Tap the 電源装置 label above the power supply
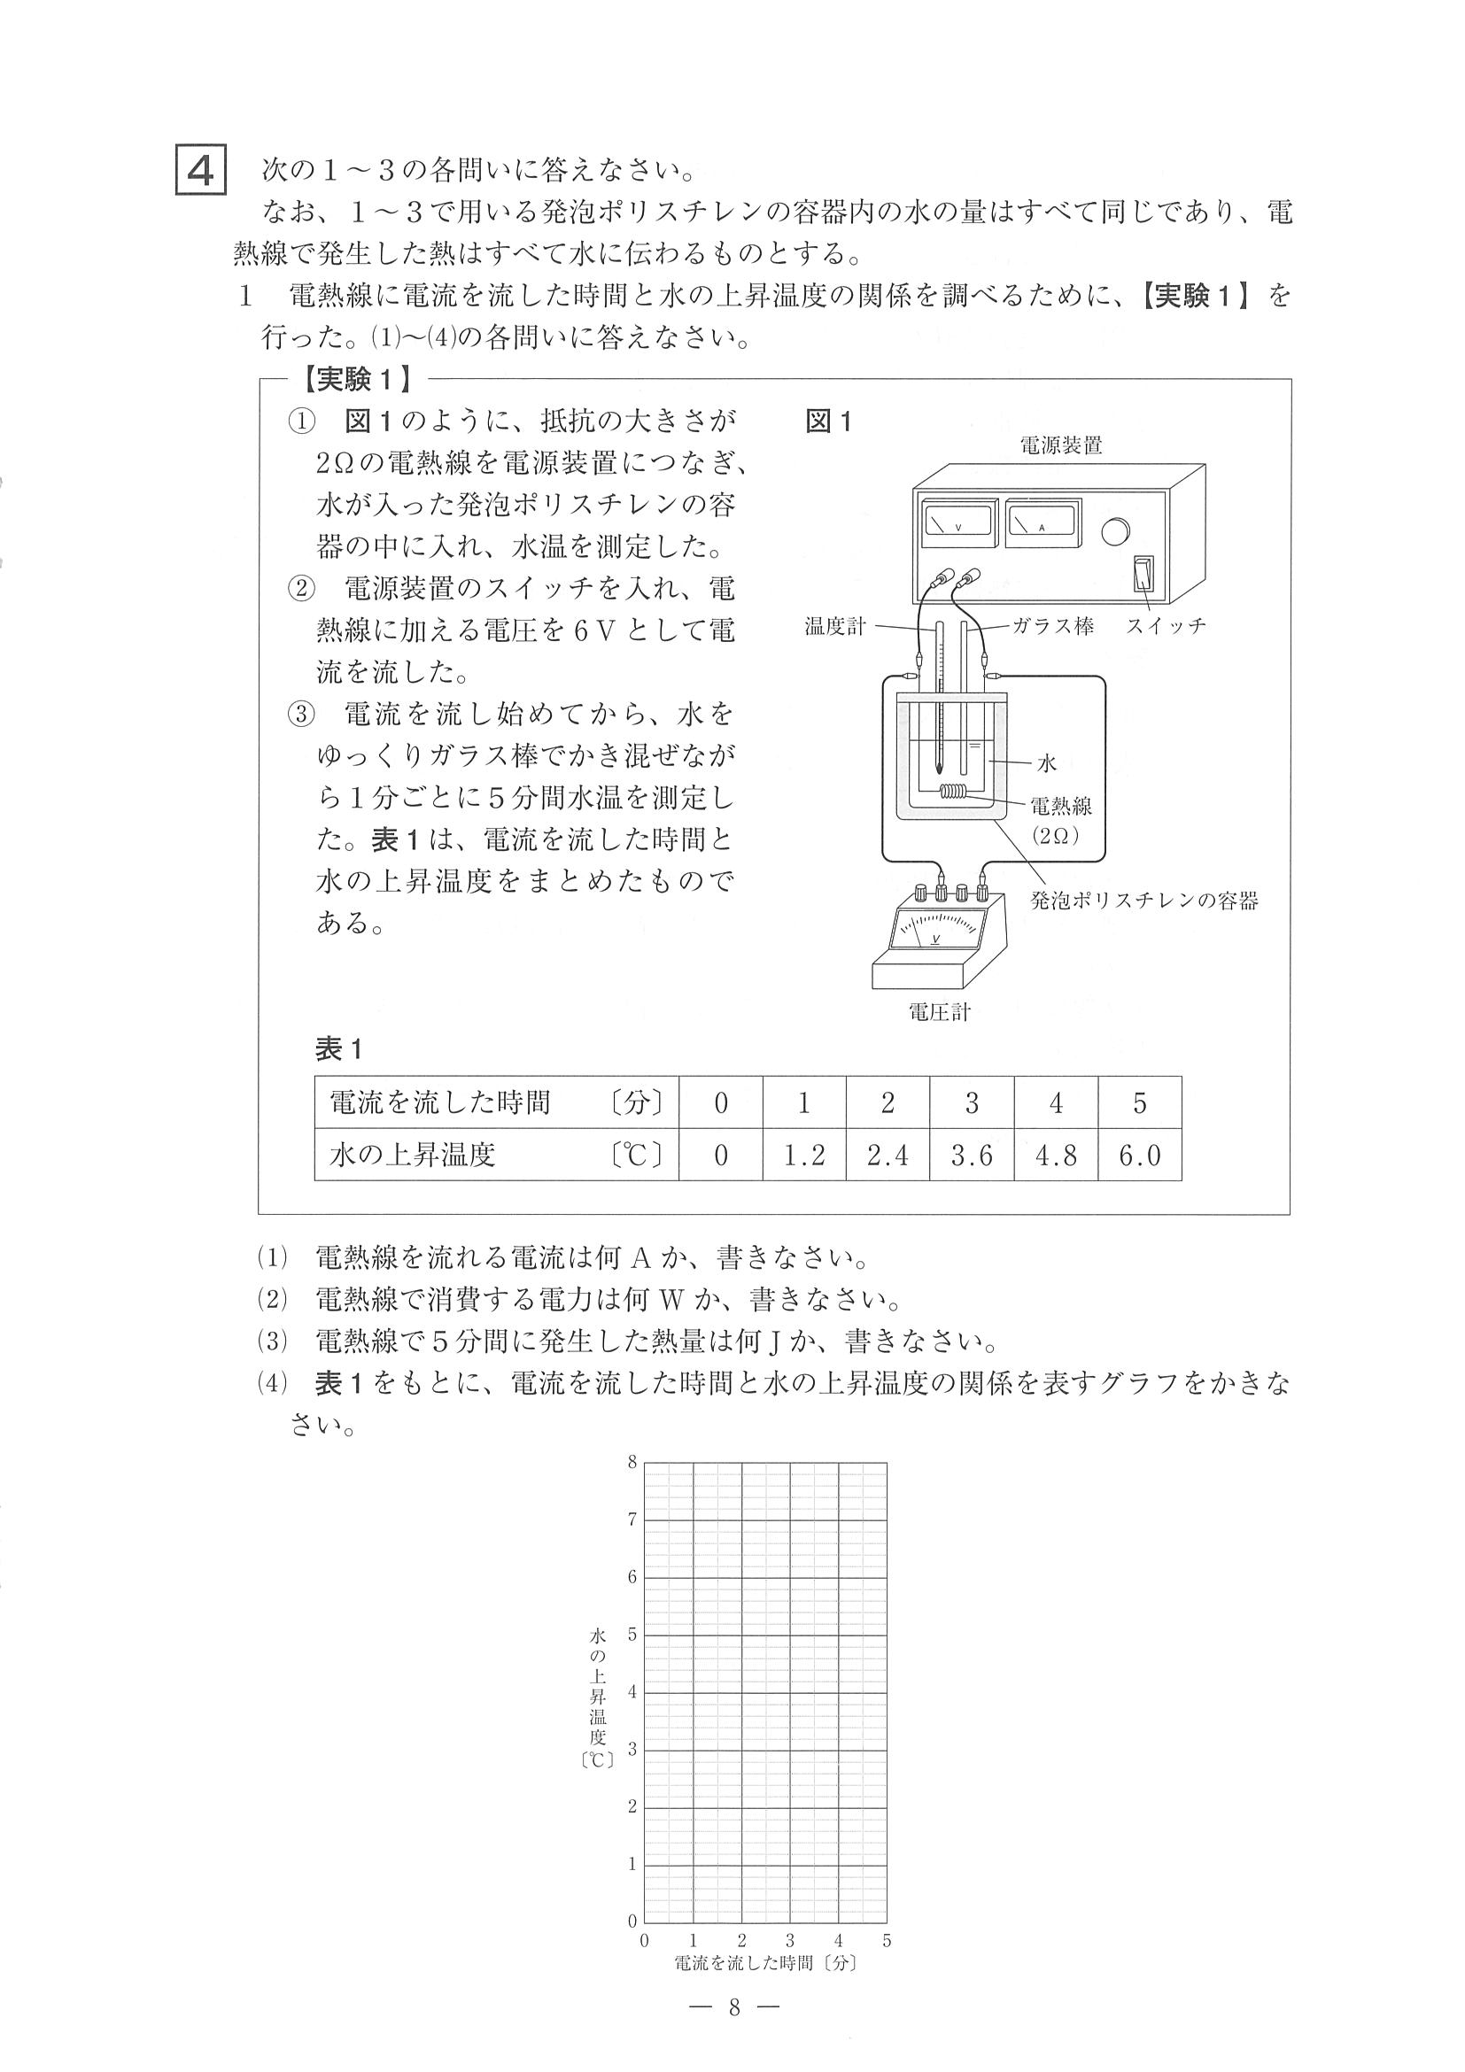(x=1060, y=445)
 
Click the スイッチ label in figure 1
(x=1166, y=626)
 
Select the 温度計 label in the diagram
(x=835, y=626)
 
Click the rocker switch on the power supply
(x=1143, y=571)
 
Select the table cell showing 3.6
(x=972, y=1156)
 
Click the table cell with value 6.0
(x=1139, y=1156)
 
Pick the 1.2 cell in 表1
(x=803, y=1156)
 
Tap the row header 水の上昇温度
(x=414, y=1156)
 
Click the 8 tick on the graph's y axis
(x=632, y=1462)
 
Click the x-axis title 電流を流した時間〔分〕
(x=764, y=1963)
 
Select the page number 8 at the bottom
(x=734, y=2007)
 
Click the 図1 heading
(x=828, y=421)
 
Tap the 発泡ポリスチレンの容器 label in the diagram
(x=1143, y=901)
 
